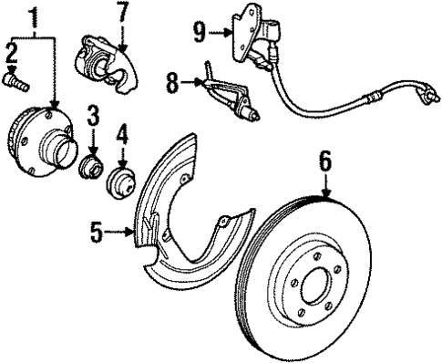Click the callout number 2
pyautogui.click(x=12, y=52)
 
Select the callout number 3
pyautogui.click(x=93, y=115)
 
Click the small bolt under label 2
pyautogui.click(x=15, y=83)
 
